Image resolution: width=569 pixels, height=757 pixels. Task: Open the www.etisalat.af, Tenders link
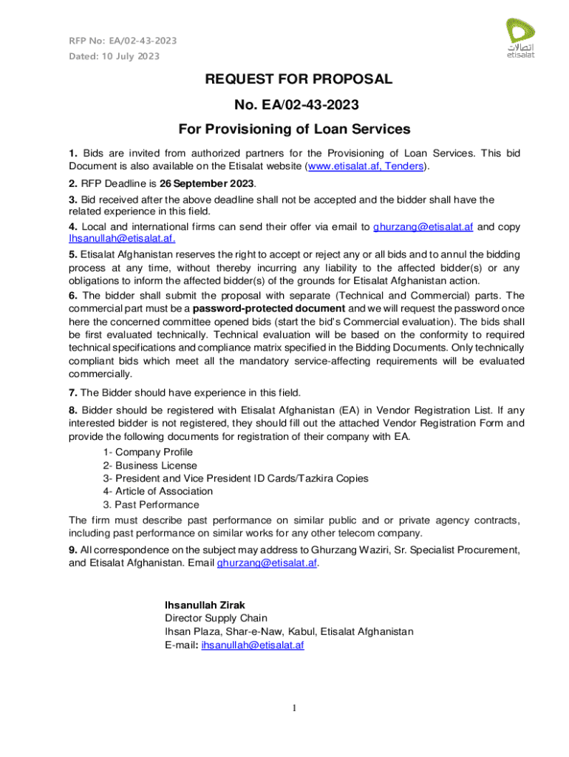(x=366, y=167)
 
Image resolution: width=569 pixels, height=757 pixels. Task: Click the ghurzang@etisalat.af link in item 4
(x=423, y=226)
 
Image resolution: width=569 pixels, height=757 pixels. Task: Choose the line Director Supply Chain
(x=216, y=618)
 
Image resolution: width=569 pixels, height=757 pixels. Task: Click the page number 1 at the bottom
(x=293, y=709)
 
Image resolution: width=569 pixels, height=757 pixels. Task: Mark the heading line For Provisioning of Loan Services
(x=294, y=129)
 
